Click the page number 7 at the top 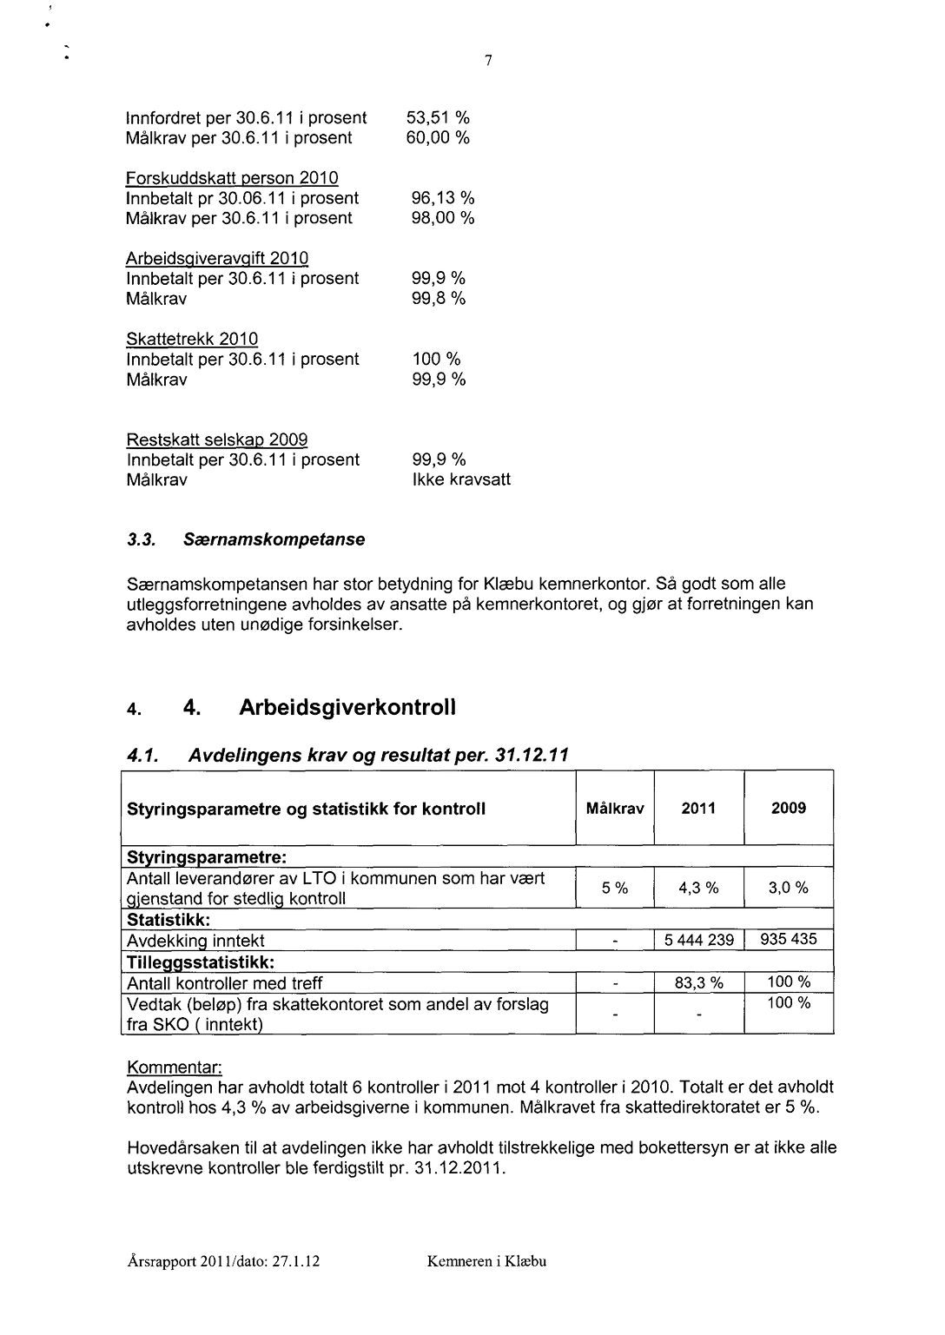[x=489, y=61]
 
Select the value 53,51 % [x=438, y=117]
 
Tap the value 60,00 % [x=438, y=138]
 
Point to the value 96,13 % [x=443, y=198]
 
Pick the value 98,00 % [x=443, y=218]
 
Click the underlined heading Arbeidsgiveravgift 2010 [x=217, y=259]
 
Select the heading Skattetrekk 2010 [x=192, y=339]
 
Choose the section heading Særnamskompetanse [x=274, y=539]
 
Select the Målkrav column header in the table [x=615, y=809]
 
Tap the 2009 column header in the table [x=788, y=809]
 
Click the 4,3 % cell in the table [x=698, y=888]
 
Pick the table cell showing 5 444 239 [x=698, y=940]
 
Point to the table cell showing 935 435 [x=788, y=939]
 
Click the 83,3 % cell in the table [x=698, y=983]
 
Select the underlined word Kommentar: [x=175, y=1066]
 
